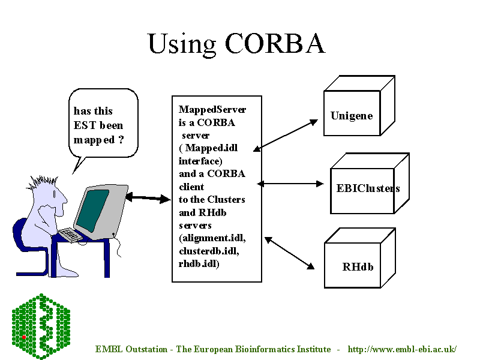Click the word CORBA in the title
point(275,43)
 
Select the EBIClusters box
point(367,188)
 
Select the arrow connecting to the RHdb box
point(290,253)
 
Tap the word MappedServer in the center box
point(212,109)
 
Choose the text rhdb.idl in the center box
point(199,263)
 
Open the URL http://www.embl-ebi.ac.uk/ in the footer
point(402,349)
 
